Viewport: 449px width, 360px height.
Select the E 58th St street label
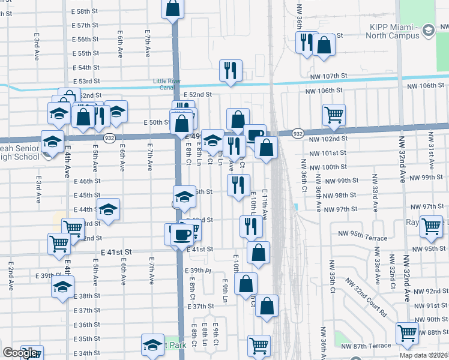click(x=86, y=11)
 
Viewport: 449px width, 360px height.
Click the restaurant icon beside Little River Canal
click(x=231, y=71)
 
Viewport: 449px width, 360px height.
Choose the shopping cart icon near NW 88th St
click(x=407, y=333)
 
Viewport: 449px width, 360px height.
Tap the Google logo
click(x=20, y=353)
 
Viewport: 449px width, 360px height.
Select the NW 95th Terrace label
click(x=363, y=238)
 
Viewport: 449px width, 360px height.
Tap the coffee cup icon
click(x=182, y=233)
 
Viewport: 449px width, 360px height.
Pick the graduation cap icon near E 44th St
click(x=109, y=211)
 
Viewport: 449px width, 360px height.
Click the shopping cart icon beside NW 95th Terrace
click(x=431, y=227)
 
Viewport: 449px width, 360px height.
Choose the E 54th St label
click(x=86, y=68)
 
